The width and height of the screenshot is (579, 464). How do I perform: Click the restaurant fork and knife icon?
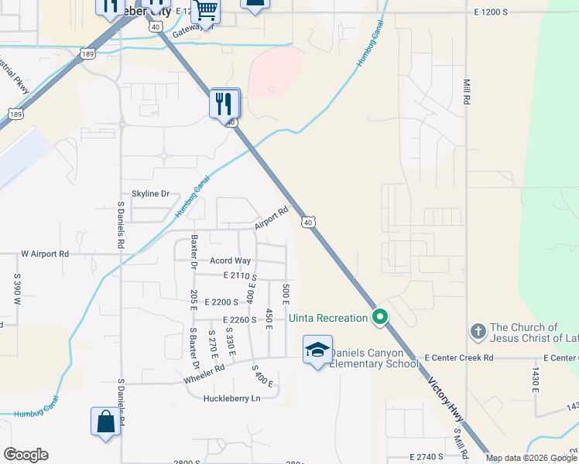(x=224, y=103)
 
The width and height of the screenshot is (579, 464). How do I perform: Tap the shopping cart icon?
(x=205, y=10)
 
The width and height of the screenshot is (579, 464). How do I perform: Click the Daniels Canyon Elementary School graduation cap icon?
(x=317, y=350)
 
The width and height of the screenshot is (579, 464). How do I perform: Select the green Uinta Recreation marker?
(x=380, y=317)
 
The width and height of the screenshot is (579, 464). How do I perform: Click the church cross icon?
(x=478, y=332)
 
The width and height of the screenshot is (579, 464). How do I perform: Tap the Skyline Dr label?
(x=150, y=193)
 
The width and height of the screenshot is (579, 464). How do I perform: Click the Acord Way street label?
(x=231, y=261)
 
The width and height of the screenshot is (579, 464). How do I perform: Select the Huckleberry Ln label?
(x=231, y=398)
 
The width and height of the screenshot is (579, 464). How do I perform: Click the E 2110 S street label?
(x=239, y=276)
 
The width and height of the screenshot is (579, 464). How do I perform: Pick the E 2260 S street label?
(x=239, y=319)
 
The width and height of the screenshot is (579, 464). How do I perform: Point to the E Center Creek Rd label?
(x=459, y=358)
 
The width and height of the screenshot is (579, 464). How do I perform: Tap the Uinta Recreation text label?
(x=328, y=318)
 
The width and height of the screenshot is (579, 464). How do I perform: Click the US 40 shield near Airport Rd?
(x=308, y=222)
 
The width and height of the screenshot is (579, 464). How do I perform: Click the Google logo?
(x=26, y=455)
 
